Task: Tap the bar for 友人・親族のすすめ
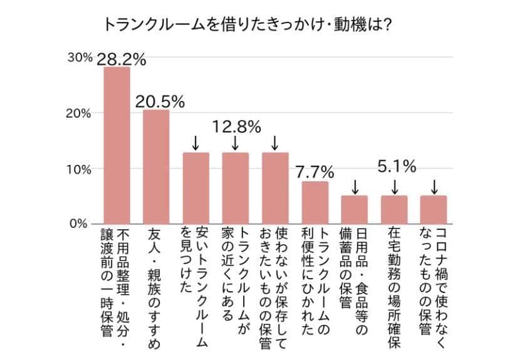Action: pyautogui.click(x=156, y=167)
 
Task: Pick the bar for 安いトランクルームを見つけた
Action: pyautogui.click(x=196, y=188)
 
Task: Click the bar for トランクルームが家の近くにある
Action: pyautogui.click(x=235, y=188)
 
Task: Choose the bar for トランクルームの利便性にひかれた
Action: pyautogui.click(x=315, y=202)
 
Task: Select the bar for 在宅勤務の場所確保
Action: pyautogui.click(x=394, y=210)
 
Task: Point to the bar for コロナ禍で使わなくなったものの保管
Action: pyautogui.click(x=434, y=210)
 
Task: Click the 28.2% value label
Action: pyautogui.click(x=122, y=59)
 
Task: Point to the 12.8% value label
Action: pyautogui.click(x=236, y=127)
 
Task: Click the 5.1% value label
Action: pyautogui.click(x=397, y=167)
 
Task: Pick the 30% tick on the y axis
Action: pyautogui.click(x=80, y=58)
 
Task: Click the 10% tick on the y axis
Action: pyautogui.click(x=80, y=169)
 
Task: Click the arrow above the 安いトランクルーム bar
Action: pyautogui.click(x=195, y=143)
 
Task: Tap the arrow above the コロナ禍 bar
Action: pyautogui.click(x=434, y=187)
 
